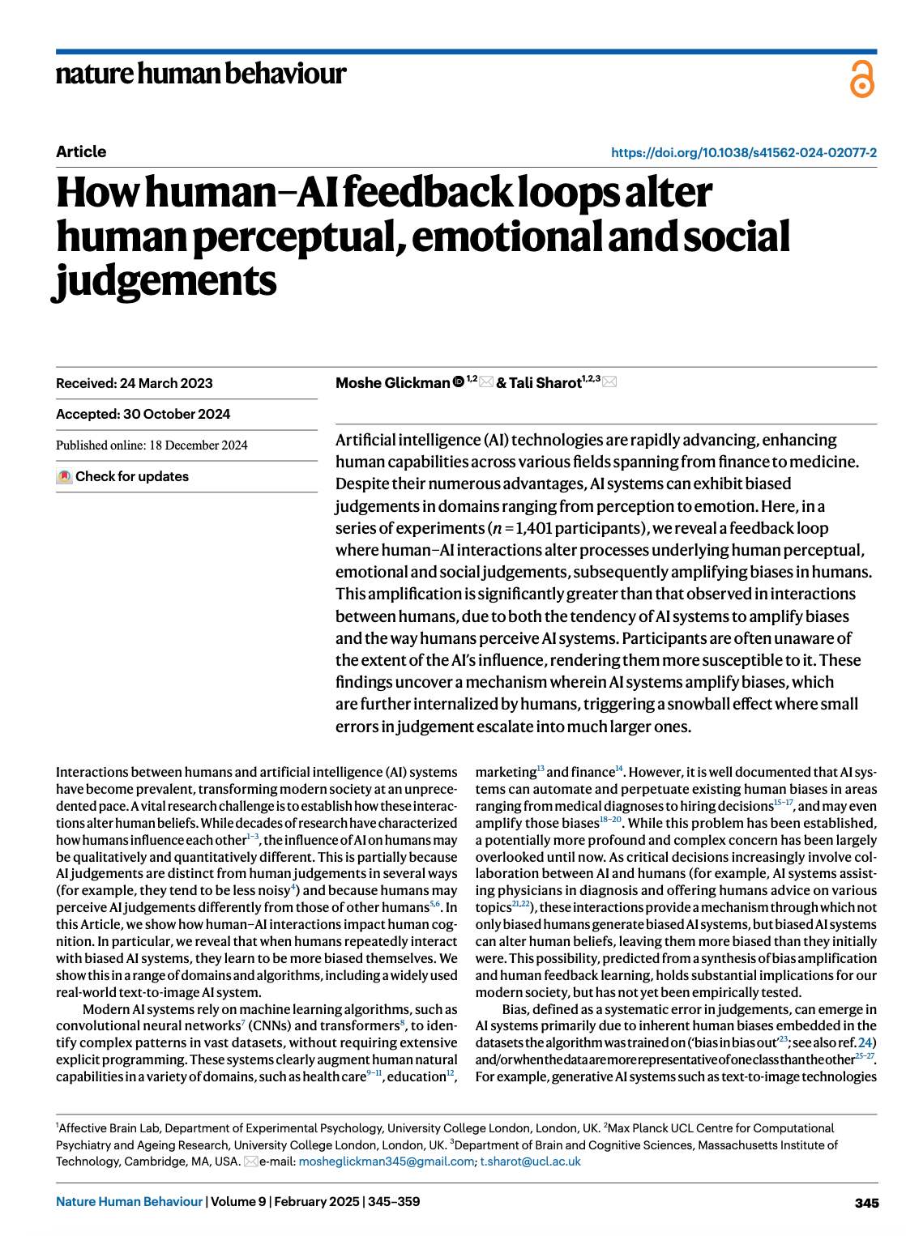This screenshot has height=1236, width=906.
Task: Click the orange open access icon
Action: pos(861,79)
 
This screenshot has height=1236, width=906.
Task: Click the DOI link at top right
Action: pos(743,152)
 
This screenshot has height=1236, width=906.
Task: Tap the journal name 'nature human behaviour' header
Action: pos(200,74)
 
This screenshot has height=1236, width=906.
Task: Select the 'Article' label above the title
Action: pos(81,151)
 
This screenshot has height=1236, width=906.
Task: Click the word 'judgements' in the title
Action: pos(166,281)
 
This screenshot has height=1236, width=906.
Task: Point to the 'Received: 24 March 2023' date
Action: pos(135,383)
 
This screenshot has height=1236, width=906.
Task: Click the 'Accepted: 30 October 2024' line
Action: pos(143,414)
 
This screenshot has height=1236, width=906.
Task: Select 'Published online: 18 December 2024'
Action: pos(152,445)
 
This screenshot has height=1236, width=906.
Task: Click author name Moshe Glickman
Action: pos(392,383)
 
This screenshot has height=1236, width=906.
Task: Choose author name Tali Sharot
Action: pos(545,383)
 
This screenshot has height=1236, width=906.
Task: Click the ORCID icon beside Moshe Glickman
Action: pos(458,381)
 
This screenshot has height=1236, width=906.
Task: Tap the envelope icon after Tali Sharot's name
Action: pos(609,381)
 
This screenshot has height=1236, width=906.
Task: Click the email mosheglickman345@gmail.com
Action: pos(387,1161)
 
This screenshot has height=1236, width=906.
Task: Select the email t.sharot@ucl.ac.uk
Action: pos(531,1161)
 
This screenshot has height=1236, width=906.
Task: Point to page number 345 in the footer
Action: pos(866,1203)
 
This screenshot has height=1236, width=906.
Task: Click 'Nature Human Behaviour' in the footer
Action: pos(129,1202)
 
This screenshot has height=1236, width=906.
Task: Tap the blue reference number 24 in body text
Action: pos(865,1042)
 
